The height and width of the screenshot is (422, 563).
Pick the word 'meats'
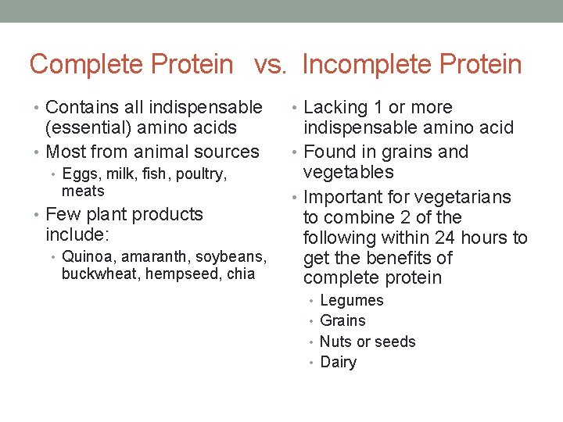click(x=83, y=191)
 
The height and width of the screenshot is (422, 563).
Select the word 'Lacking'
click(x=334, y=108)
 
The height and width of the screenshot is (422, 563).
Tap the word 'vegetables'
click(x=349, y=172)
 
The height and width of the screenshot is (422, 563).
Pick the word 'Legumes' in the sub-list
click(x=352, y=301)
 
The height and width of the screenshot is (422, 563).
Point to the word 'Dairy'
click(x=338, y=362)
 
